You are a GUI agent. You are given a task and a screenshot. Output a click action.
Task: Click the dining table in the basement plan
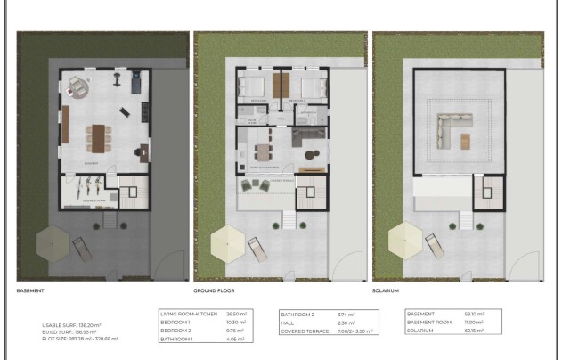98,138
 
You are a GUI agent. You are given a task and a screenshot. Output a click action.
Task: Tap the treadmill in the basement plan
135,83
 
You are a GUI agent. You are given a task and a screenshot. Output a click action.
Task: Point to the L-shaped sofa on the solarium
449,130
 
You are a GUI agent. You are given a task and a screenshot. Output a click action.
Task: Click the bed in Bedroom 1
253,88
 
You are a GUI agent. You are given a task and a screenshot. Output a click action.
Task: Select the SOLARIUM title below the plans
387,290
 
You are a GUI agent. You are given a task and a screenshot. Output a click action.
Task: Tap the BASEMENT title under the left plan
31,290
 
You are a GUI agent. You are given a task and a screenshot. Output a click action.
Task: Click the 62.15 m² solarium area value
475,331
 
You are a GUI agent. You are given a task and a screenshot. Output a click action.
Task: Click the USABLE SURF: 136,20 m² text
80,325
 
